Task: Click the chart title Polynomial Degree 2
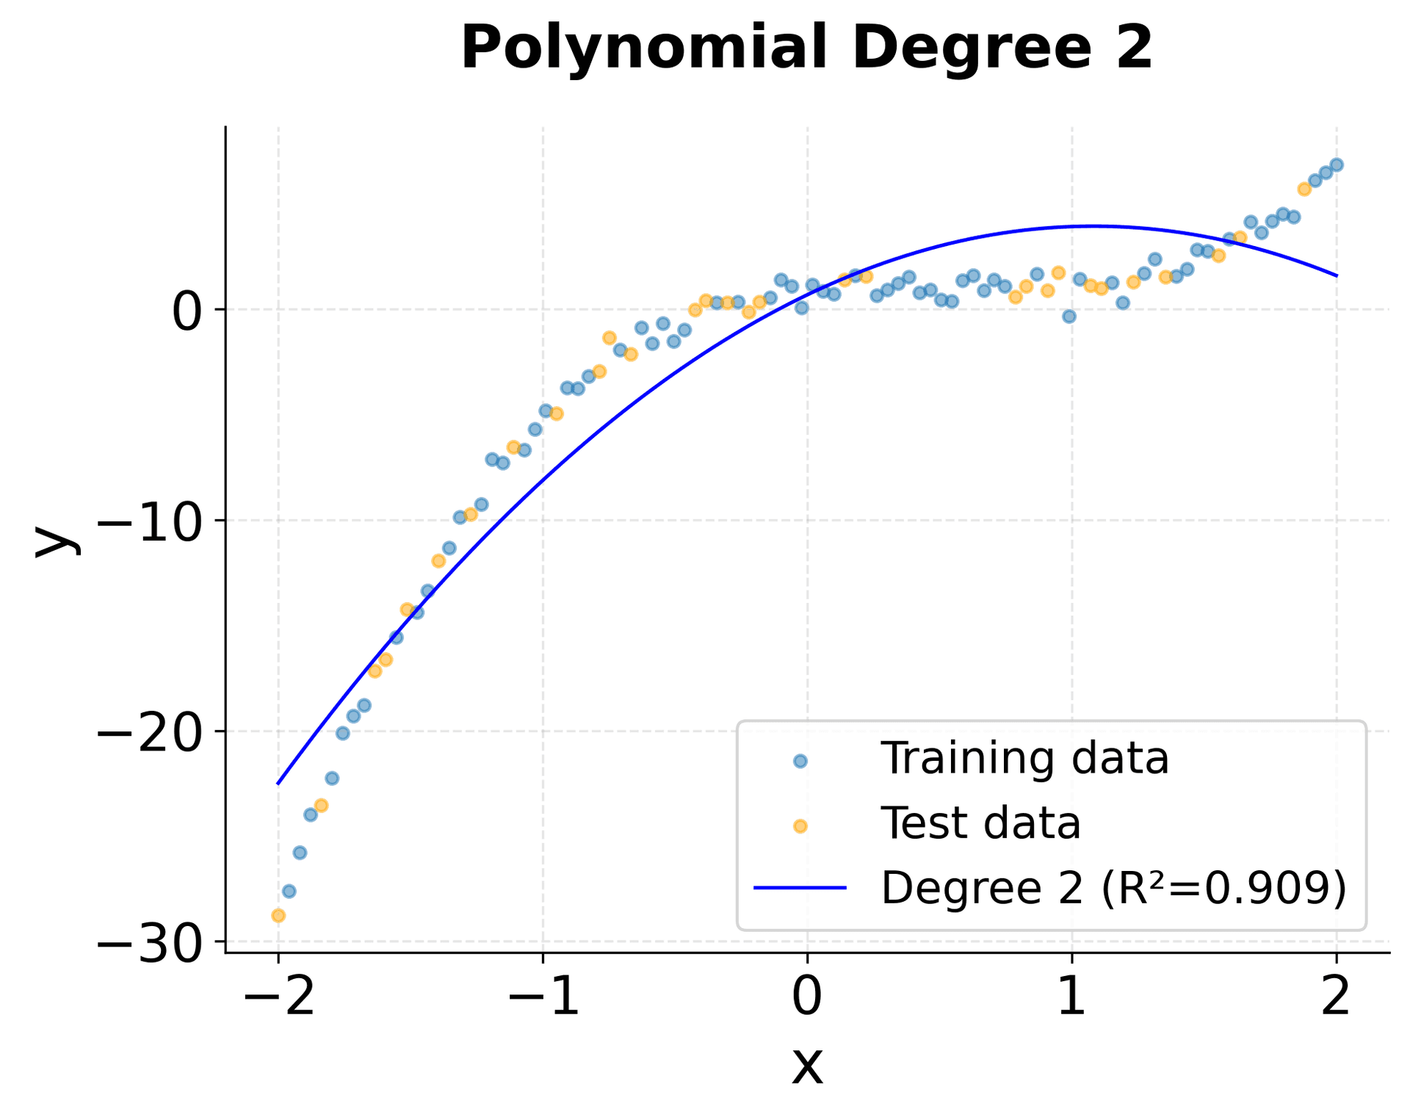click(806, 48)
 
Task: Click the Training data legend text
click(1024, 759)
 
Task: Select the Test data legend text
click(980, 823)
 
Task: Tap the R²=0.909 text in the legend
click(1223, 888)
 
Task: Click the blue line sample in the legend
click(800, 888)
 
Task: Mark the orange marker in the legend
click(800, 826)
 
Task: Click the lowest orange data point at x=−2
click(278, 916)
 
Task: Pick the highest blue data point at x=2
click(1337, 165)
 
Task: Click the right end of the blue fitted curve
click(1337, 275)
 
